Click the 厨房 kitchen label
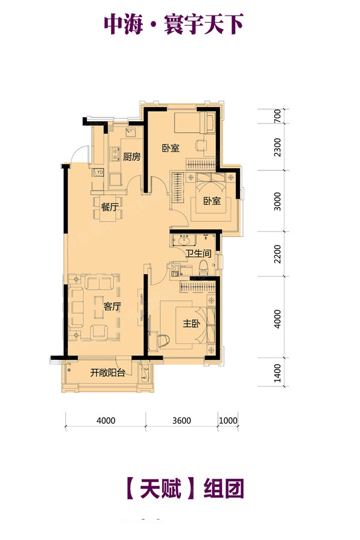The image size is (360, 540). (132, 157)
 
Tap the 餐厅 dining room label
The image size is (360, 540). (110, 208)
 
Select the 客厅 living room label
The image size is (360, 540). (112, 306)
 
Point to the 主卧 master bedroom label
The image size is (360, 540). (191, 323)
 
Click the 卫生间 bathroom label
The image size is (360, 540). (198, 253)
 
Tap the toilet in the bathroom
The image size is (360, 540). (203, 267)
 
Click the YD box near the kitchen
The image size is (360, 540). (99, 172)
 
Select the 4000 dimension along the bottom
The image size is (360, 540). (106, 421)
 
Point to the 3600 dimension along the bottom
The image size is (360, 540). (182, 421)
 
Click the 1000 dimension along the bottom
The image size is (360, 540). (228, 421)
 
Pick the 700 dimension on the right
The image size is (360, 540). (277, 116)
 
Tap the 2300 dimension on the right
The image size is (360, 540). (277, 147)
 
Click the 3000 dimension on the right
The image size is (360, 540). (277, 202)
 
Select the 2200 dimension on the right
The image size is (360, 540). (277, 254)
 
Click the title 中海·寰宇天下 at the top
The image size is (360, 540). (173, 24)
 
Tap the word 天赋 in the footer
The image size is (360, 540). (161, 488)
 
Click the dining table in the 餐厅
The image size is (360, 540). (108, 208)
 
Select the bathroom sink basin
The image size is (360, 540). (184, 240)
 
